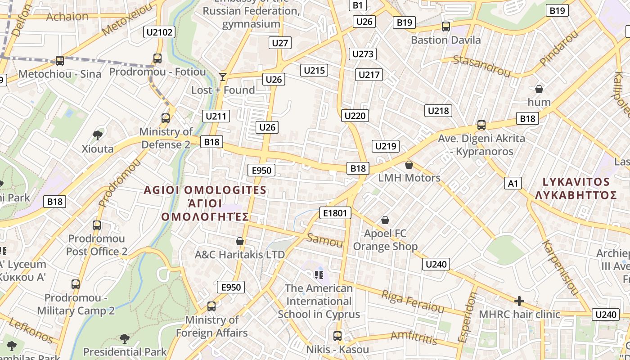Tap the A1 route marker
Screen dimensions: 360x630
[513, 183]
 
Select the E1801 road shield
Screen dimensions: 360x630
[335, 213]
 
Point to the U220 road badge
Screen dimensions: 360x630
[355, 116]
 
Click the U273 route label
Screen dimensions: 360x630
[363, 54]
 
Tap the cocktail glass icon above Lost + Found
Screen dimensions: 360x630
[223, 76]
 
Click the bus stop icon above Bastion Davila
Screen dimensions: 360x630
[445, 27]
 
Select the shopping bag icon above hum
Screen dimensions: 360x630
[539, 89]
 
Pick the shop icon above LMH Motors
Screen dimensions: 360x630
[409, 165]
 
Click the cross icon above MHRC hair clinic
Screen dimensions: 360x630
[519, 301]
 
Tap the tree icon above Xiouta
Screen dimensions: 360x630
[97, 135]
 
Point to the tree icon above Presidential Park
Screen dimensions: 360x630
[125, 338]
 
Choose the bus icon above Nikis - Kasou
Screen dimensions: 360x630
[337, 336]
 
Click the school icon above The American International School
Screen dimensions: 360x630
[319, 274]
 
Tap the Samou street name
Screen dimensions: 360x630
[324, 241]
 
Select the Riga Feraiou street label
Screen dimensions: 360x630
[413, 301]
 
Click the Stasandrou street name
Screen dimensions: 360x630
[482, 66]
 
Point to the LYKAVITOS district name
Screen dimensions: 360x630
[576, 182]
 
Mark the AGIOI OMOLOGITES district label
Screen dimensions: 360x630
[205, 190]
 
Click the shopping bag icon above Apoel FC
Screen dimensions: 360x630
[385, 220]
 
